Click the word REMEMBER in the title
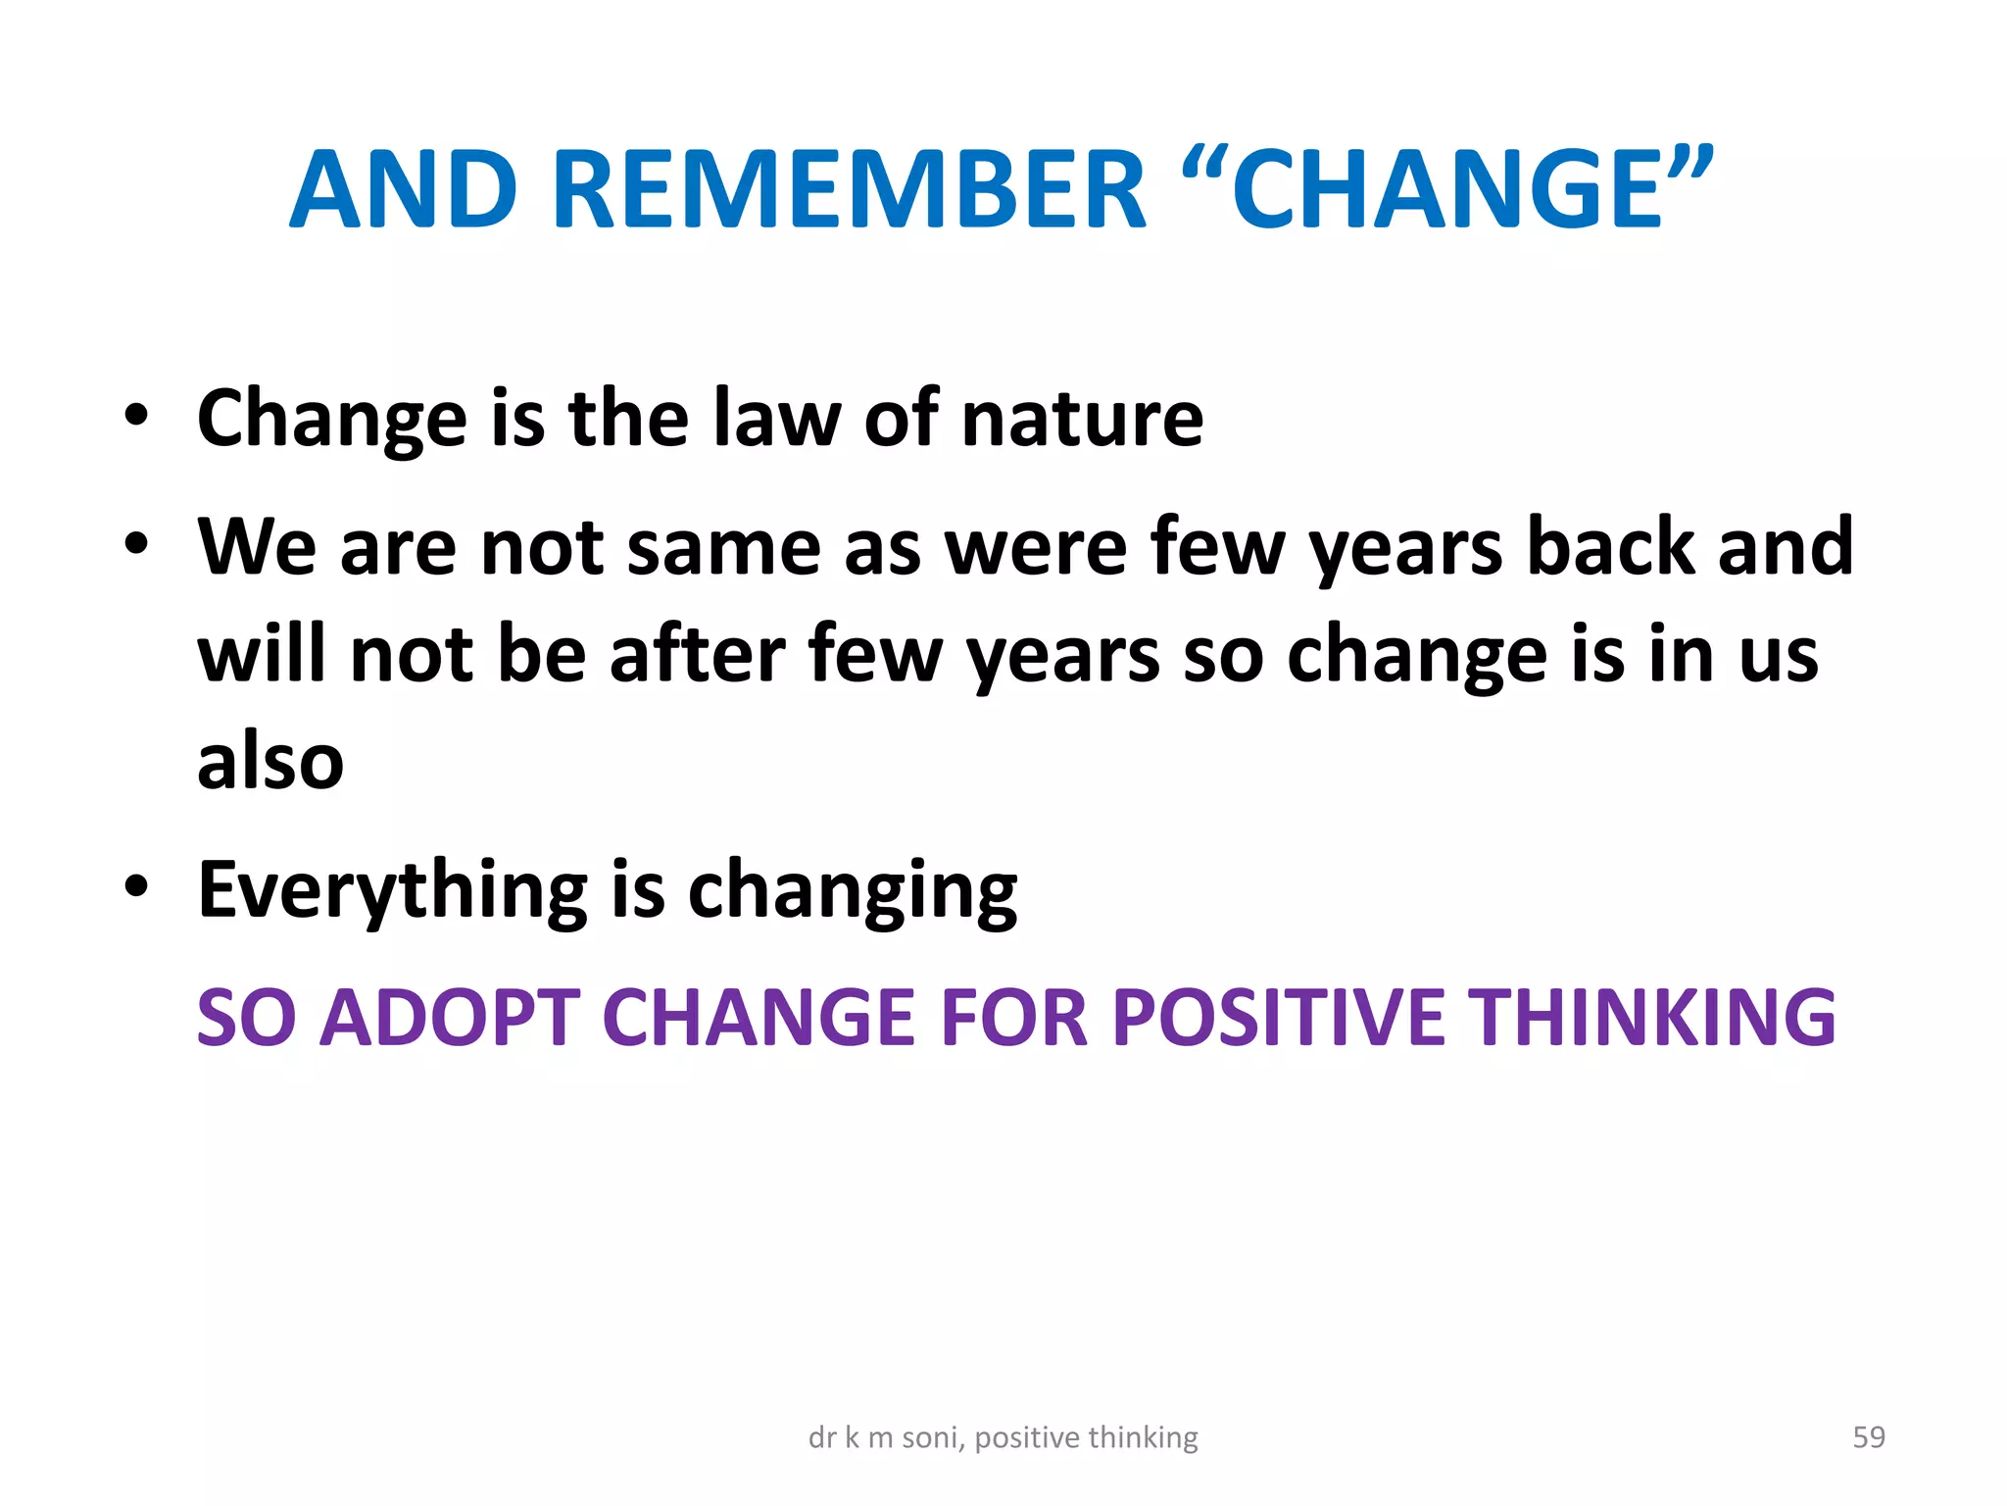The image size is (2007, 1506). pos(849,189)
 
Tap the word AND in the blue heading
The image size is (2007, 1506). pos(404,189)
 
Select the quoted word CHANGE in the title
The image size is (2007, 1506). pos(1447,189)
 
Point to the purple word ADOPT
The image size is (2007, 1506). pos(450,1018)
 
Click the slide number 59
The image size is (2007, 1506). pos(1869,1437)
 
